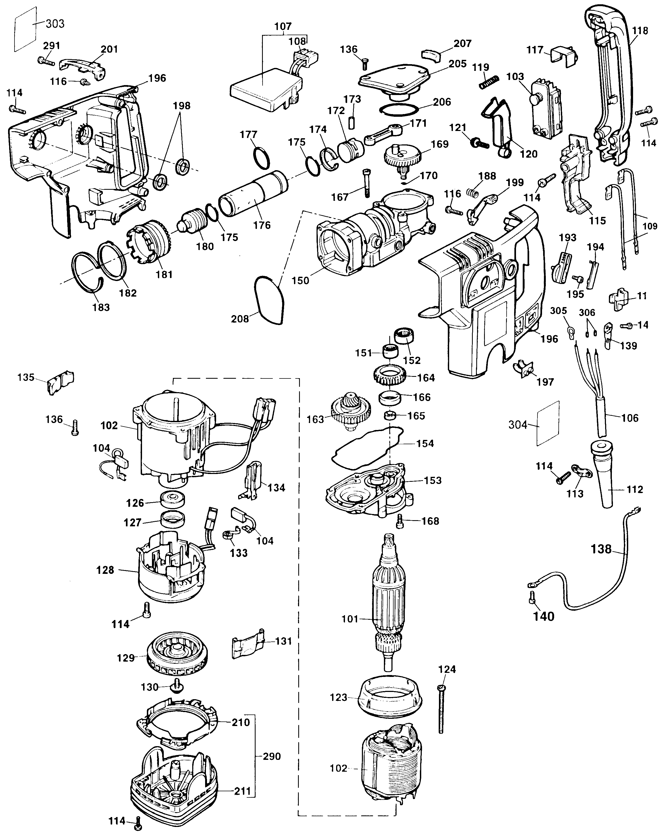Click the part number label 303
point(55,24)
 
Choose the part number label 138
point(601,549)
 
